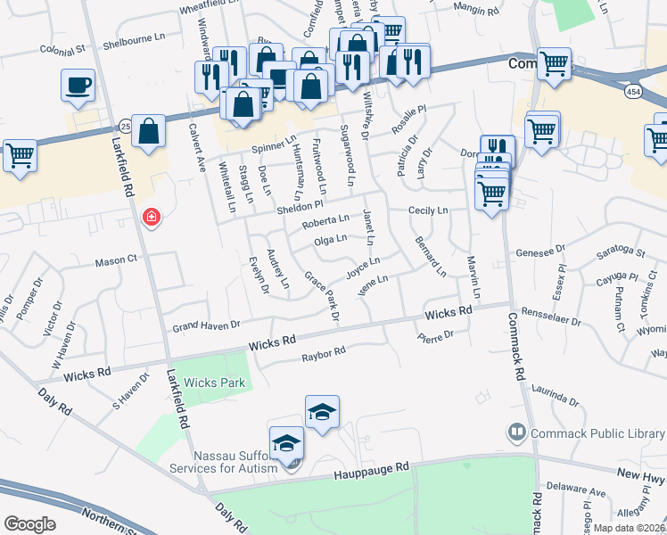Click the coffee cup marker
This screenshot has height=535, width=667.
click(78, 86)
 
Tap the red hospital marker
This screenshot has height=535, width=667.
click(152, 217)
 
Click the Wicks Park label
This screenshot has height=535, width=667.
click(208, 383)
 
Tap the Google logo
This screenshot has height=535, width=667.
click(29, 524)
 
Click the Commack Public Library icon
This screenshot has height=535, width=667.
click(516, 433)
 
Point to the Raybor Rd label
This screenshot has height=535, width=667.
click(323, 354)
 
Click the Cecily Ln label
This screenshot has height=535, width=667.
click(428, 211)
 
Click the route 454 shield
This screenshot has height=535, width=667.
click(632, 91)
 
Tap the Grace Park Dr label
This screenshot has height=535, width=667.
click(324, 298)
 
